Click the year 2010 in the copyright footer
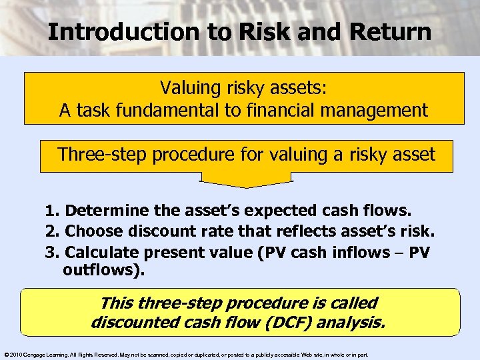pyautogui.click(x=17, y=355)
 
